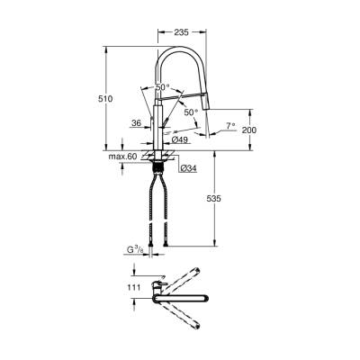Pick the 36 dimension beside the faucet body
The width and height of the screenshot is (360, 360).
(x=136, y=123)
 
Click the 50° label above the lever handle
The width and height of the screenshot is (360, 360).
(x=161, y=86)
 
